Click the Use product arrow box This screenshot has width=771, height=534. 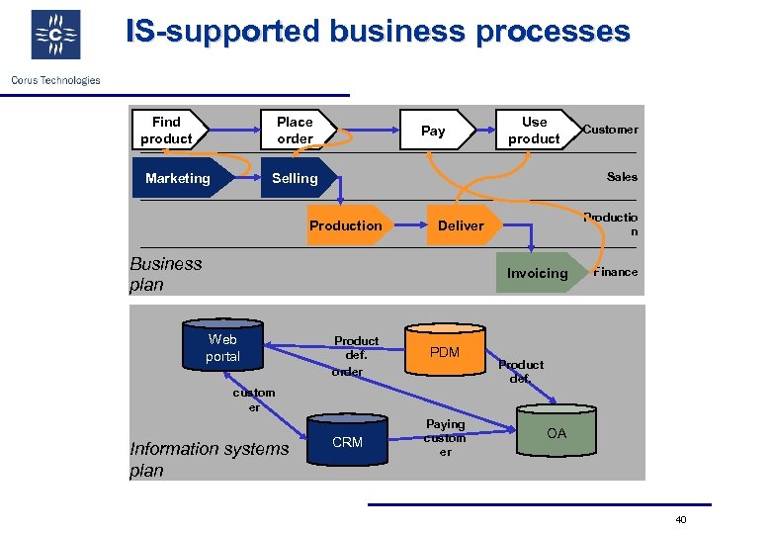(x=535, y=131)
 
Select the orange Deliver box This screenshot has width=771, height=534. (x=462, y=225)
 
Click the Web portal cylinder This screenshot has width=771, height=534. (x=222, y=347)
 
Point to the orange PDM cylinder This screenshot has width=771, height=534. (x=445, y=352)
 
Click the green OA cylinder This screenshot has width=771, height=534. (x=557, y=433)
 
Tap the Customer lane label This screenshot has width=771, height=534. (x=611, y=130)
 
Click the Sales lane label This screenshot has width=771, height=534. (x=622, y=177)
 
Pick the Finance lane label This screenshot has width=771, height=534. (x=616, y=272)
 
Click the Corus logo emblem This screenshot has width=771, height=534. (x=55, y=36)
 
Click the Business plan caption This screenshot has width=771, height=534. (x=166, y=274)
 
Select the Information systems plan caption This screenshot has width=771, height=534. (x=209, y=459)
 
